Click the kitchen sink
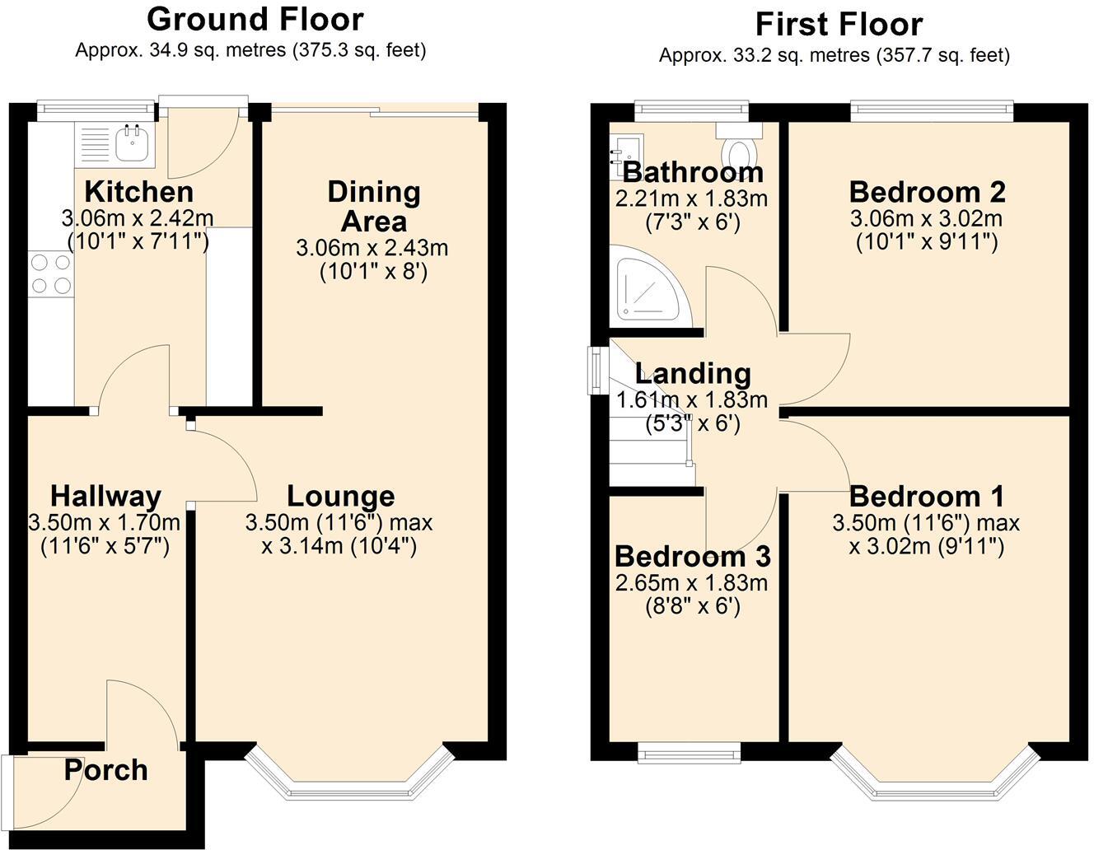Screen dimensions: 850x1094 (x=130, y=143)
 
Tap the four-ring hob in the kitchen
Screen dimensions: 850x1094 (x=50, y=274)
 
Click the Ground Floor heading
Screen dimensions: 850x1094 (x=255, y=19)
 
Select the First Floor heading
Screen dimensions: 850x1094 (x=838, y=25)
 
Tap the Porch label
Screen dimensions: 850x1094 (x=105, y=770)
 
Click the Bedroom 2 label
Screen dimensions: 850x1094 (x=927, y=192)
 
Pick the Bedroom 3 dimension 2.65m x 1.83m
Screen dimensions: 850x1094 (x=691, y=583)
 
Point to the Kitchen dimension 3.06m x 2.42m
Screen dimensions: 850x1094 (x=137, y=218)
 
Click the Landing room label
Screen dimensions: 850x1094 (x=693, y=373)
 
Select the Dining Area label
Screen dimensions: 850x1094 (x=373, y=206)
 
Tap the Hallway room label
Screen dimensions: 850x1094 (x=105, y=496)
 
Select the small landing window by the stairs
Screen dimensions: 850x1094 (x=595, y=371)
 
